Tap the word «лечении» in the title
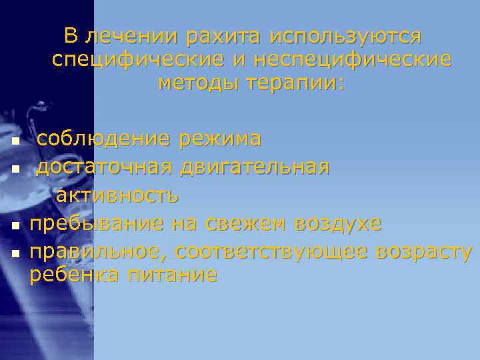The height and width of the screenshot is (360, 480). click(134, 35)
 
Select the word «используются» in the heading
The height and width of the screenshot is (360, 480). click(346, 35)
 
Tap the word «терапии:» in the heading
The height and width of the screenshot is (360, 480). click(296, 83)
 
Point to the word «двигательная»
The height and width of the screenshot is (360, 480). click(254, 167)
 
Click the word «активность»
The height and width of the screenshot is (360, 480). click(117, 195)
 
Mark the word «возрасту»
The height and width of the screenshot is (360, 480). click(425, 251)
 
